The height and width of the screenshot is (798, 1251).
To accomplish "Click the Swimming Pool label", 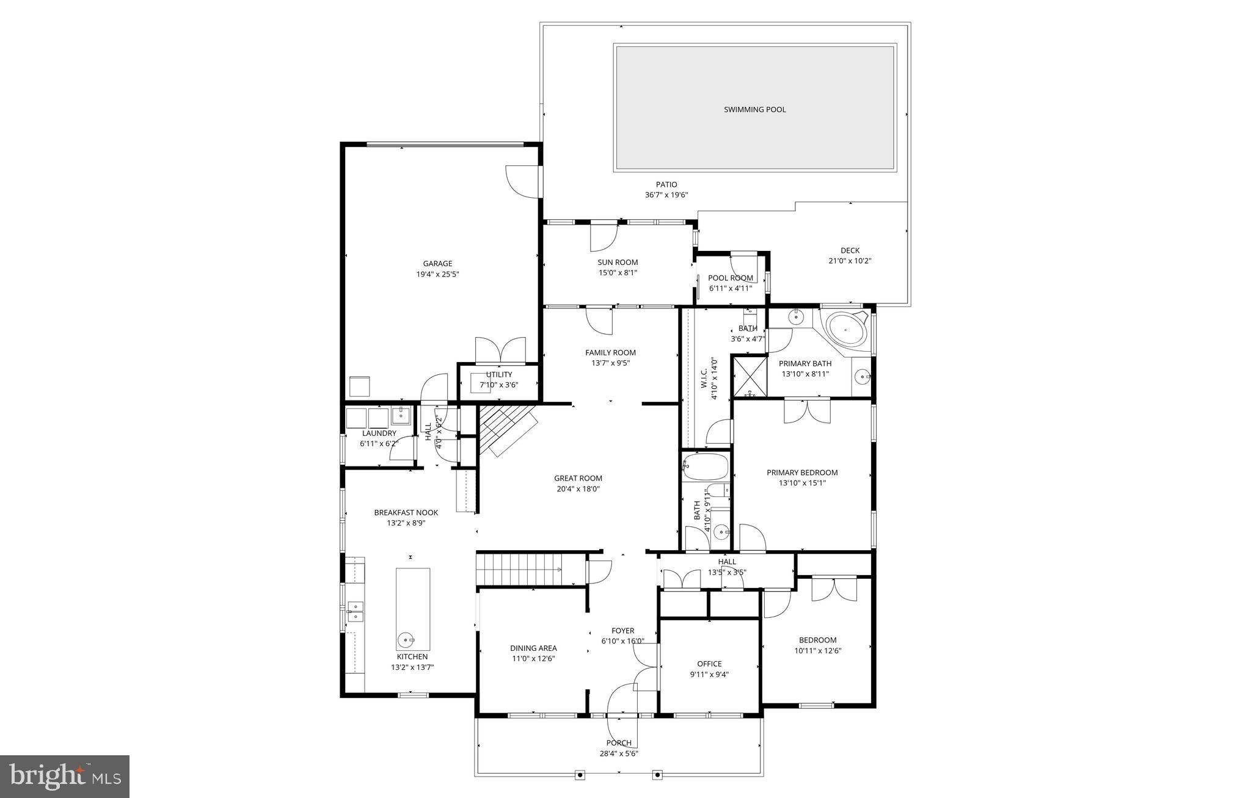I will [x=754, y=110].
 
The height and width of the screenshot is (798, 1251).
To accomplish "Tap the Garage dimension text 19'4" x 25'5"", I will [x=437, y=275].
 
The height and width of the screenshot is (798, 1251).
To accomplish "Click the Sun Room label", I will [x=618, y=263].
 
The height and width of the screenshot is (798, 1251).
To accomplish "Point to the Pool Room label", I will [x=731, y=278].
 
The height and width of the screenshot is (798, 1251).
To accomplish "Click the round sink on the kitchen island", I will [x=407, y=640].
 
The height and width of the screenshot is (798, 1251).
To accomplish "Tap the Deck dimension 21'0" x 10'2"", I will [x=850, y=261].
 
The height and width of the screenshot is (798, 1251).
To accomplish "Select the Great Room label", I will [x=578, y=479].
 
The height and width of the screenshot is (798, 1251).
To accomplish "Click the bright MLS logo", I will [x=65, y=776].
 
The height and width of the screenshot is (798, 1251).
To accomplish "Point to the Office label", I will [x=709, y=664].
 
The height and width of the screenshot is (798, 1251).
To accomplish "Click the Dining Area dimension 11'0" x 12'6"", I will [x=533, y=659].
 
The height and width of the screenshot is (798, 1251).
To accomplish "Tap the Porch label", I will [x=619, y=743].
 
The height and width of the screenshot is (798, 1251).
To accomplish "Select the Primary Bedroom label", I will [x=802, y=473].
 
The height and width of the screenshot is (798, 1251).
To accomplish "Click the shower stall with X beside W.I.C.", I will [x=749, y=377].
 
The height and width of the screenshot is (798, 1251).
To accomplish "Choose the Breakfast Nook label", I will [x=406, y=513].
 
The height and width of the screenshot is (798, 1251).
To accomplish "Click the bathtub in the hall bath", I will [x=706, y=467].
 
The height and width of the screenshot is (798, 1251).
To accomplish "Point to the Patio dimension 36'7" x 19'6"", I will [x=666, y=195].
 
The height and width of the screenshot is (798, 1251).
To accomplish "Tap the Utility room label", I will [x=499, y=375].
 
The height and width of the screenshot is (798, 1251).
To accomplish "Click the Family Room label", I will [x=610, y=353].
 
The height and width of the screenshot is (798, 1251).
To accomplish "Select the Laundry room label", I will [x=379, y=433].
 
